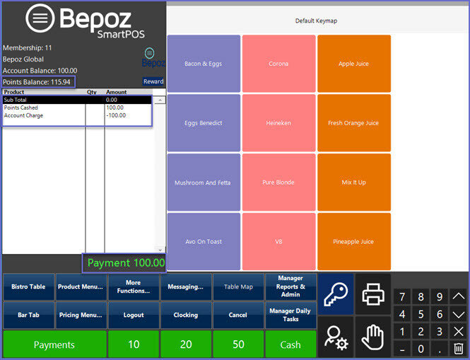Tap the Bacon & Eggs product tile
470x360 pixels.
coord(203,64)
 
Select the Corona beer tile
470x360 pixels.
coord(278,64)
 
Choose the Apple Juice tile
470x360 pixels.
coord(353,64)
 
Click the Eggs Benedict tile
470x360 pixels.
coord(203,123)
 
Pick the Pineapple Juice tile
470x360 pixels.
coord(353,242)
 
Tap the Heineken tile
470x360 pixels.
coord(278,123)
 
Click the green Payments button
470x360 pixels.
coord(54,344)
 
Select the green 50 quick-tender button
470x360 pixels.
coord(238,344)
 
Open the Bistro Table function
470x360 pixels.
coord(28,286)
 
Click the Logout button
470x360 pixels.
coord(134,315)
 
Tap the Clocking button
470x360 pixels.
coord(186,315)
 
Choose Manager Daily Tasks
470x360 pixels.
coord(290,315)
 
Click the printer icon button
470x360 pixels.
coord(372,294)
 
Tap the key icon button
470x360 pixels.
coord(334,294)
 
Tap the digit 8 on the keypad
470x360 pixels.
coord(421,297)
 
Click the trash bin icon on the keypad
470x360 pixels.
coord(458,348)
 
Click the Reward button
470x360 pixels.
coord(153,81)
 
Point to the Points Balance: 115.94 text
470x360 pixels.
coord(37,82)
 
